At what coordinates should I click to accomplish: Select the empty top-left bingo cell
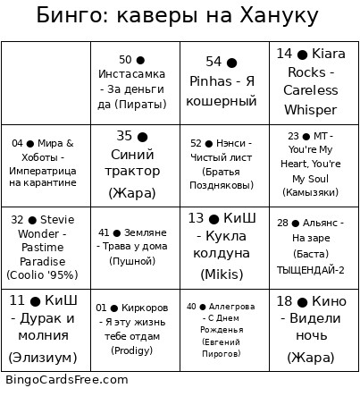pos(46,82)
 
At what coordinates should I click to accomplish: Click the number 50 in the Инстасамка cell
pos(125,60)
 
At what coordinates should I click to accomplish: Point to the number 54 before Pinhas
pos(213,62)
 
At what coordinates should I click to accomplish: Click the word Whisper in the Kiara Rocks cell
pos(310,110)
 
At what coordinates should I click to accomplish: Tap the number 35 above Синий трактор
pos(124,136)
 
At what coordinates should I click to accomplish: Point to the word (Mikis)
pos(222,274)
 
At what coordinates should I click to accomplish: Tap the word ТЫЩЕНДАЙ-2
pos(310,270)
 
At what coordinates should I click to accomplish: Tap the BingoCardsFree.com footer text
pos(67,379)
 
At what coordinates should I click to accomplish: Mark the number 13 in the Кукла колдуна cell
pos(197,218)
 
